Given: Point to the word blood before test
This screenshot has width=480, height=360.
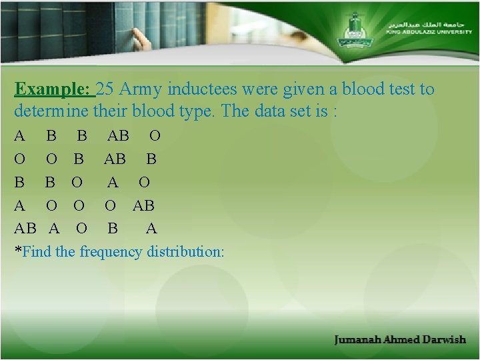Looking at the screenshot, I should (x=347, y=89).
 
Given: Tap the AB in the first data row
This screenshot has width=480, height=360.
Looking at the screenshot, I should (x=118, y=137).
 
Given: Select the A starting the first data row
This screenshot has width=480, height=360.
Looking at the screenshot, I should (x=20, y=137).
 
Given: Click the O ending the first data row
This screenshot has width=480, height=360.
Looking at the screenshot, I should (x=155, y=137).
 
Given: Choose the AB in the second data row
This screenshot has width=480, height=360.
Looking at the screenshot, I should (x=114, y=160).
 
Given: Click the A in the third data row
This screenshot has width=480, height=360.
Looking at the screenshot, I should (x=113, y=183).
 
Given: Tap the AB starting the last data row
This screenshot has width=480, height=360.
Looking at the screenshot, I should (x=26, y=229).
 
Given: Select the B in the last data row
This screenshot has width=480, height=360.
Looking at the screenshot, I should (x=113, y=229).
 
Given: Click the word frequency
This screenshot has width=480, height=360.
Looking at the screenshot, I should (x=111, y=252).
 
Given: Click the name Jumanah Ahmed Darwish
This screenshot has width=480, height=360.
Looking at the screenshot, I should (x=400, y=339).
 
